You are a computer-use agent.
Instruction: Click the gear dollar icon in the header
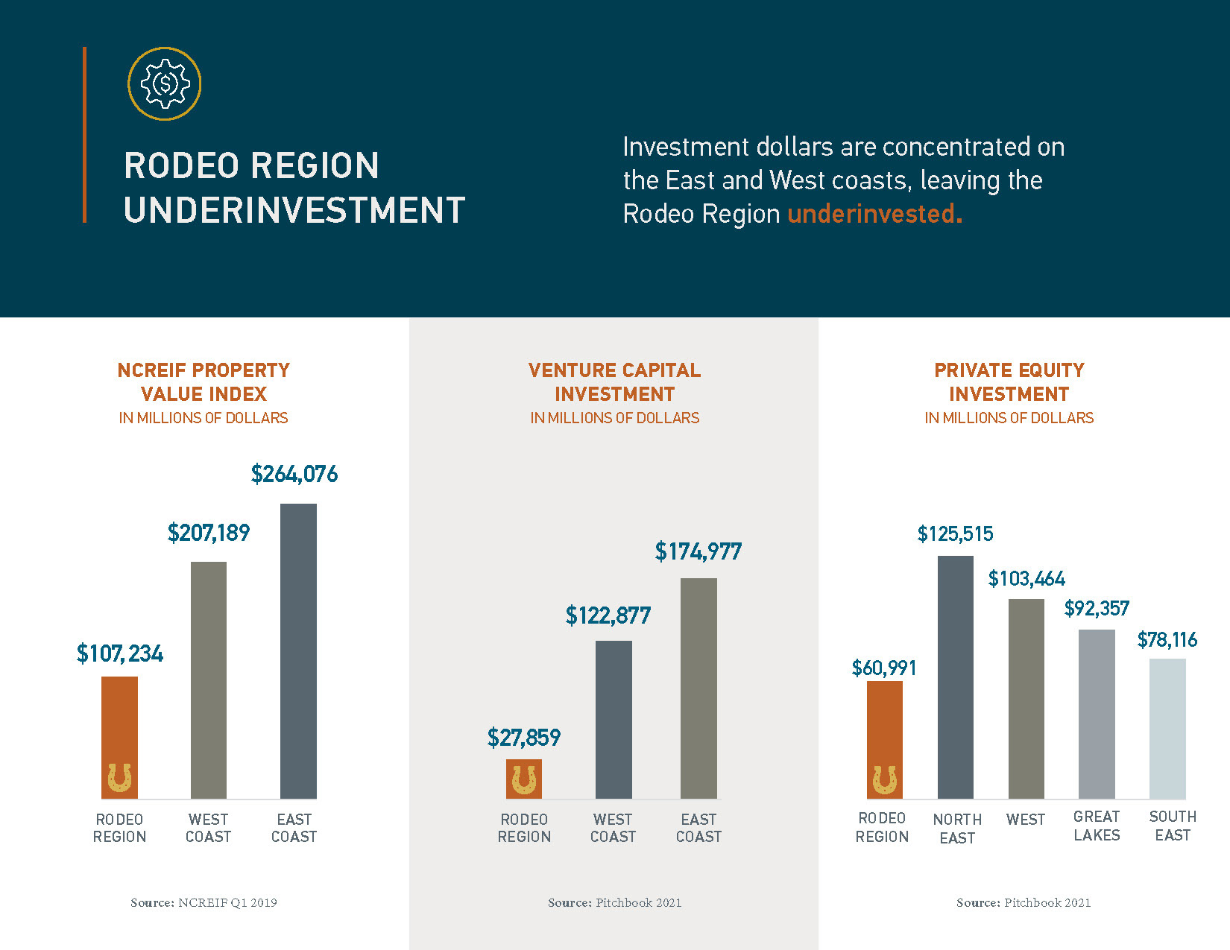(164, 83)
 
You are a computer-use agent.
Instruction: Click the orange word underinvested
(874, 214)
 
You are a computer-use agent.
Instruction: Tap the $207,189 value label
(209, 533)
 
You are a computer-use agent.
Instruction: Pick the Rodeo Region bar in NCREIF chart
(119, 738)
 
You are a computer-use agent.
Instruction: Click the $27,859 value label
(523, 738)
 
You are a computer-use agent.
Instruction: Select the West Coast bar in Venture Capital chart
(614, 719)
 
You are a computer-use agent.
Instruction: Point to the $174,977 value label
(698, 551)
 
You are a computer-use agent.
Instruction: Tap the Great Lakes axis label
(1097, 826)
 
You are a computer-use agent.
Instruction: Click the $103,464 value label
(1026, 579)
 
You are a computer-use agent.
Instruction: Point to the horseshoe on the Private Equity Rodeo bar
(885, 780)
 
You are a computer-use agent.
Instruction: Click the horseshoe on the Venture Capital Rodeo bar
(524, 780)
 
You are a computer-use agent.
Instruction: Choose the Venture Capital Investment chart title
(614, 382)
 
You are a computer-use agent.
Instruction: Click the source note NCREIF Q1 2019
(204, 902)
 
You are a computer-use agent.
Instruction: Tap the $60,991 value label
(884, 668)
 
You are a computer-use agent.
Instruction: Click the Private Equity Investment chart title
(1009, 382)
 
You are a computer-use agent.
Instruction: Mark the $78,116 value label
(1167, 640)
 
